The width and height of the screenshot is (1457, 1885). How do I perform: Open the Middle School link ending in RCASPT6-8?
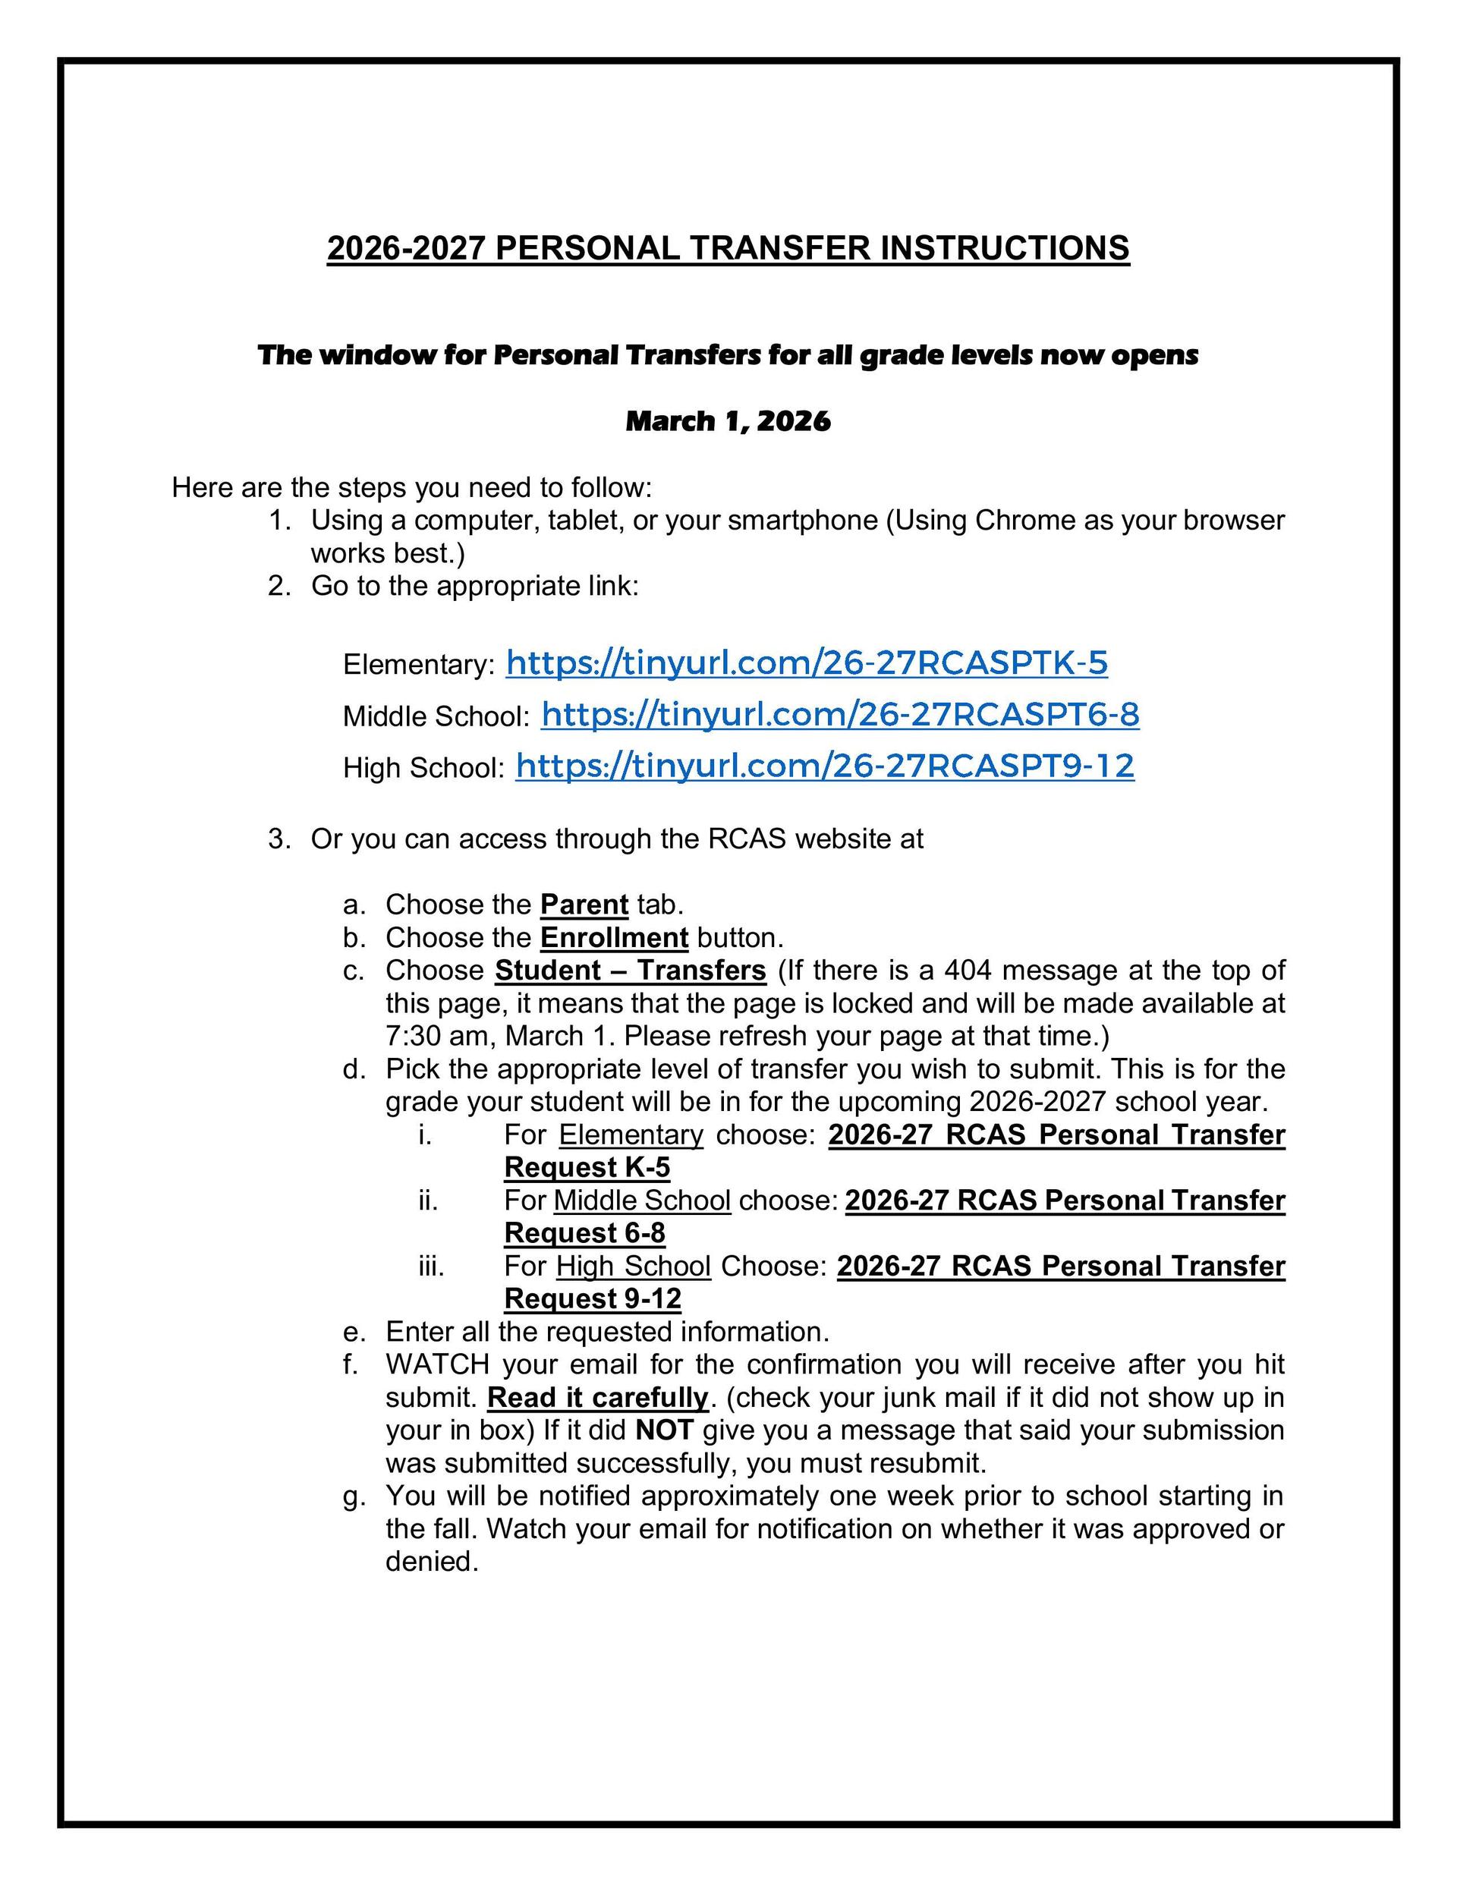pos(840,715)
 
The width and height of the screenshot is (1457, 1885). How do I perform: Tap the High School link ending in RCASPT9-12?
pos(824,766)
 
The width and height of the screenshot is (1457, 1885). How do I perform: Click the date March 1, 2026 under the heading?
pos(728,421)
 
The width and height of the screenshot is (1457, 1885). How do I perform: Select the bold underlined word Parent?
pos(584,905)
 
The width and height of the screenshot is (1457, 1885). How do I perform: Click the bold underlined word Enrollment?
pos(614,937)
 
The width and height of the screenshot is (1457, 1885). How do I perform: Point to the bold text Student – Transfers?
pos(630,970)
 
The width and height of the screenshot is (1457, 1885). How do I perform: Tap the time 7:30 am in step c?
pos(440,1036)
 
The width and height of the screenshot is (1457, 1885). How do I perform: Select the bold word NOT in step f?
pos(664,1430)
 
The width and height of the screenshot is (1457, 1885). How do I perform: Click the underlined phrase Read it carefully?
pos(597,1397)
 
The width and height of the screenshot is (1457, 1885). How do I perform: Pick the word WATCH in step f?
pos(437,1364)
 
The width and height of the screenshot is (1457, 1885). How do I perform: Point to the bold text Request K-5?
pos(587,1168)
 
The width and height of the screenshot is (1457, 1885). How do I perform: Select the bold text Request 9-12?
pos(593,1299)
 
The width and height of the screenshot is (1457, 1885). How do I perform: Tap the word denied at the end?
pos(432,1561)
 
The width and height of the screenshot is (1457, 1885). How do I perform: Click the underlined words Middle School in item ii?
pos(642,1201)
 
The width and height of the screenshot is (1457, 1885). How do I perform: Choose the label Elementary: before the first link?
pos(419,666)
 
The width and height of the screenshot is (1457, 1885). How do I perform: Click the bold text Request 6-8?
pos(584,1233)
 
